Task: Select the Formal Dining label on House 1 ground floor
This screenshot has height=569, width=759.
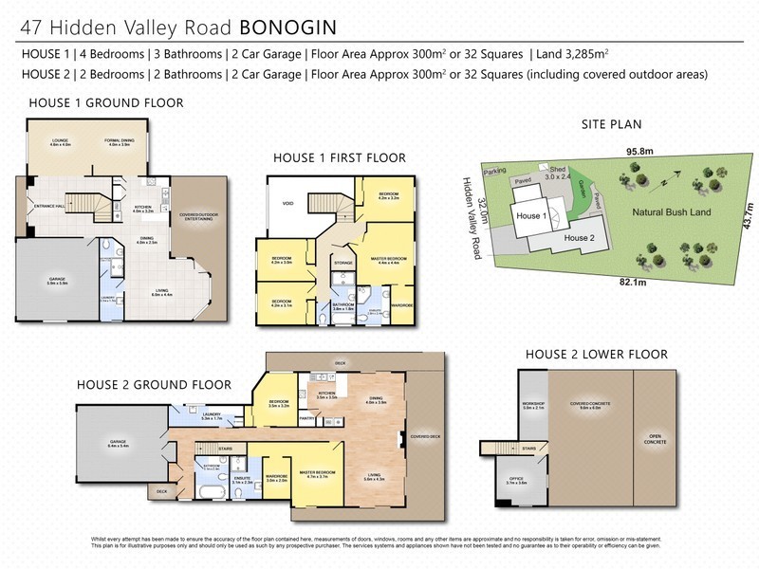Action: click(119, 141)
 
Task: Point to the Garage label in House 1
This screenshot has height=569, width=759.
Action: click(57, 281)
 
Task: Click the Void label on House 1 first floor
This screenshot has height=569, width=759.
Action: click(287, 202)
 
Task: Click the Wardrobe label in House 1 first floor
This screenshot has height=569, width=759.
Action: click(401, 304)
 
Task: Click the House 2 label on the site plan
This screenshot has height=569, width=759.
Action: click(579, 237)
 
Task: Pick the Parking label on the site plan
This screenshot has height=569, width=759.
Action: click(493, 173)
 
